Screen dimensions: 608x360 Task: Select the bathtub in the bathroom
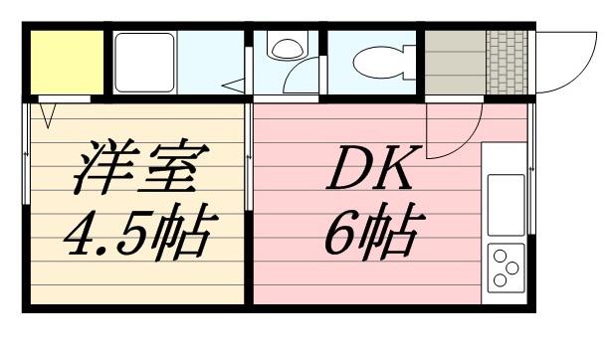click(x=145, y=62)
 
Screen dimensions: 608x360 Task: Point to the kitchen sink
click(x=506, y=203)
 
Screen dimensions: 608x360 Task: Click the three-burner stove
click(x=506, y=267)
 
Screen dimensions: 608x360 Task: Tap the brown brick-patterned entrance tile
click(x=507, y=63)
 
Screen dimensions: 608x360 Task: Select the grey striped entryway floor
click(x=455, y=63)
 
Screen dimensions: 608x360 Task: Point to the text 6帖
click(x=369, y=233)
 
